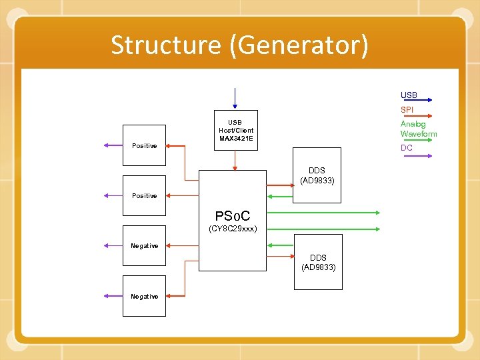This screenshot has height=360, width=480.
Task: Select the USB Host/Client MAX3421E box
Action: [x=235, y=130]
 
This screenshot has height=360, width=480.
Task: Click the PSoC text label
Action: [x=232, y=216]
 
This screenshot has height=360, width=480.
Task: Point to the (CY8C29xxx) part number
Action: [x=233, y=229]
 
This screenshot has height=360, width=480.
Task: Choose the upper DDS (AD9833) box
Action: [x=317, y=175]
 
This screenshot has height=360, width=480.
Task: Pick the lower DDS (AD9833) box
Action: [x=319, y=262]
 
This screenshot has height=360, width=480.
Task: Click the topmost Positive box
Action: [x=144, y=145]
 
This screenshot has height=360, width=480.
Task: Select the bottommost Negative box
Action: [x=144, y=296]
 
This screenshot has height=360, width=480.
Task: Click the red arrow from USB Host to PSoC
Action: [x=235, y=160]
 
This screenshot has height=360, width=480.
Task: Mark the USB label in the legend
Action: [x=409, y=95]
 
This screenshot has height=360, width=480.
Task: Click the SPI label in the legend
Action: [x=407, y=109]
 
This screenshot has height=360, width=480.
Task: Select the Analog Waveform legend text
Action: [x=418, y=129]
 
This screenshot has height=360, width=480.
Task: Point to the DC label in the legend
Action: [x=406, y=147]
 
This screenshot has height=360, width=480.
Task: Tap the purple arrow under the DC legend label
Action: [x=417, y=156]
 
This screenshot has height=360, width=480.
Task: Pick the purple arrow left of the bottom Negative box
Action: [x=112, y=296]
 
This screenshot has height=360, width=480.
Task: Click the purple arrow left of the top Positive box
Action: [x=112, y=145]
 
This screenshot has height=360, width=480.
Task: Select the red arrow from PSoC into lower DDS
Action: [x=280, y=255]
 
